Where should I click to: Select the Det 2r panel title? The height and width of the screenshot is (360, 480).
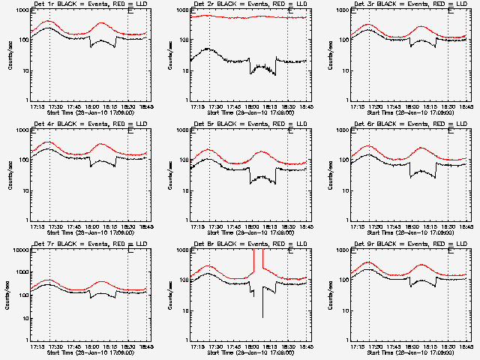(245, 4)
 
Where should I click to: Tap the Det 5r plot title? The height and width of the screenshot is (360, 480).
(245, 124)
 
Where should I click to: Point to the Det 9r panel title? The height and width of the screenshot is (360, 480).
(406, 244)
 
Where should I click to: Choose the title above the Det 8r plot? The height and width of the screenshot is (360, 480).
(245, 244)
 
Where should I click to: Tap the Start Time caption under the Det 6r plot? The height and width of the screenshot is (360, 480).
(406, 232)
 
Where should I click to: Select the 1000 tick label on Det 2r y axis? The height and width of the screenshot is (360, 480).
(180, 10)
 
